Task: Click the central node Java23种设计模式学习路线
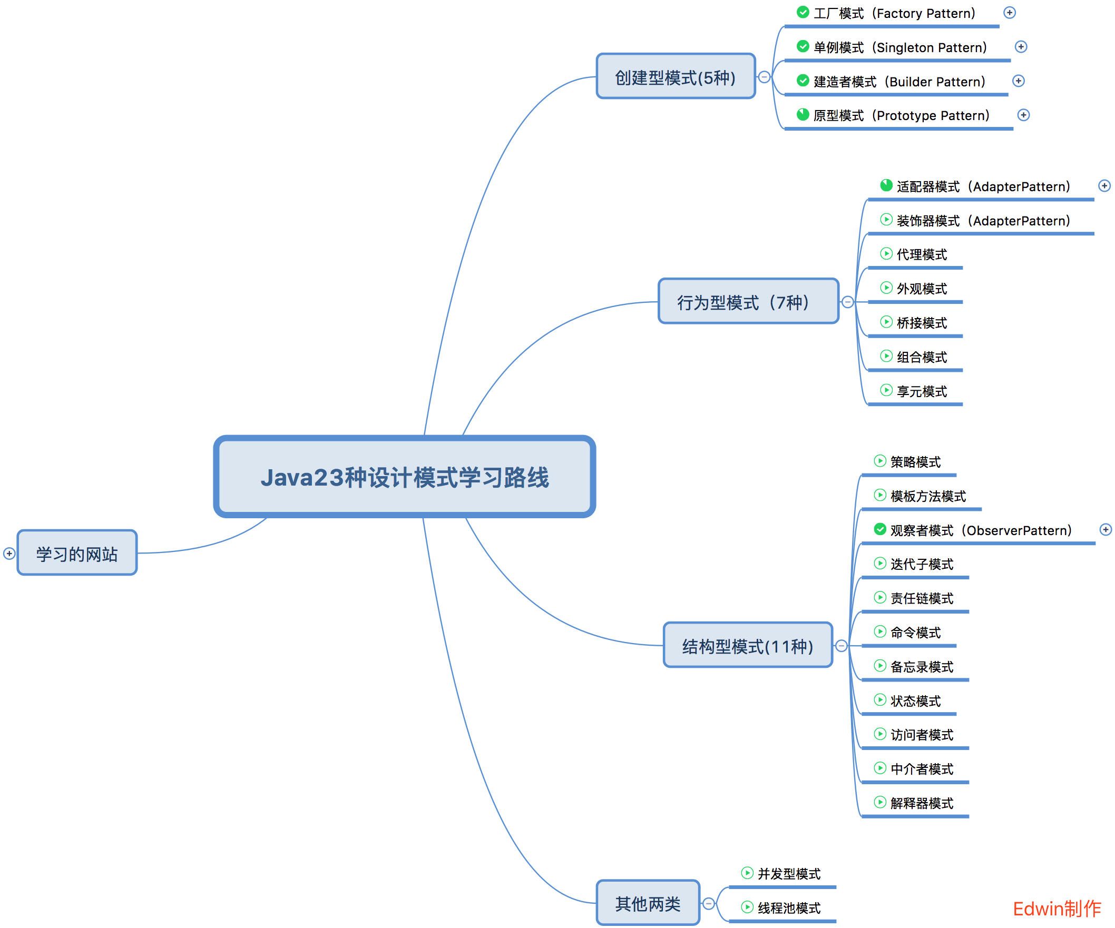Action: point(405,477)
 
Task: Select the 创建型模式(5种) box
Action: point(676,76)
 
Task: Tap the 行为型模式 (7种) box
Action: point(748,301)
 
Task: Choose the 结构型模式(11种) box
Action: point(748,645)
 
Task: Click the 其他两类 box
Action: point(648,903)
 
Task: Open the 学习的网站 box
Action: point(77,553)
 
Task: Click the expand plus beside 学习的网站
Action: point(9,554)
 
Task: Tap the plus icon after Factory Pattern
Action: point(1009,13)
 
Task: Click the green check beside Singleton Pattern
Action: point(803,47)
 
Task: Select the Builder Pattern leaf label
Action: point(899,82)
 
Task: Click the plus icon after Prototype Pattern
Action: point(1023,115)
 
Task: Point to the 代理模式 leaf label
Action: point(921,255)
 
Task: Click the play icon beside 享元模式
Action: point(886,390)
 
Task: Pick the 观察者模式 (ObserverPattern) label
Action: point(980,530)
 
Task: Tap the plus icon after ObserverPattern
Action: point(1106,529)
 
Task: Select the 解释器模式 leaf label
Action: point(921,803)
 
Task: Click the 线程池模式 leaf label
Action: point(788,908)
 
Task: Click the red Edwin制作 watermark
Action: point(1057,909)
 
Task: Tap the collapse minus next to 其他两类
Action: point(708,904)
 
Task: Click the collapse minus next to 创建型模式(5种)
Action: point(764,77)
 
